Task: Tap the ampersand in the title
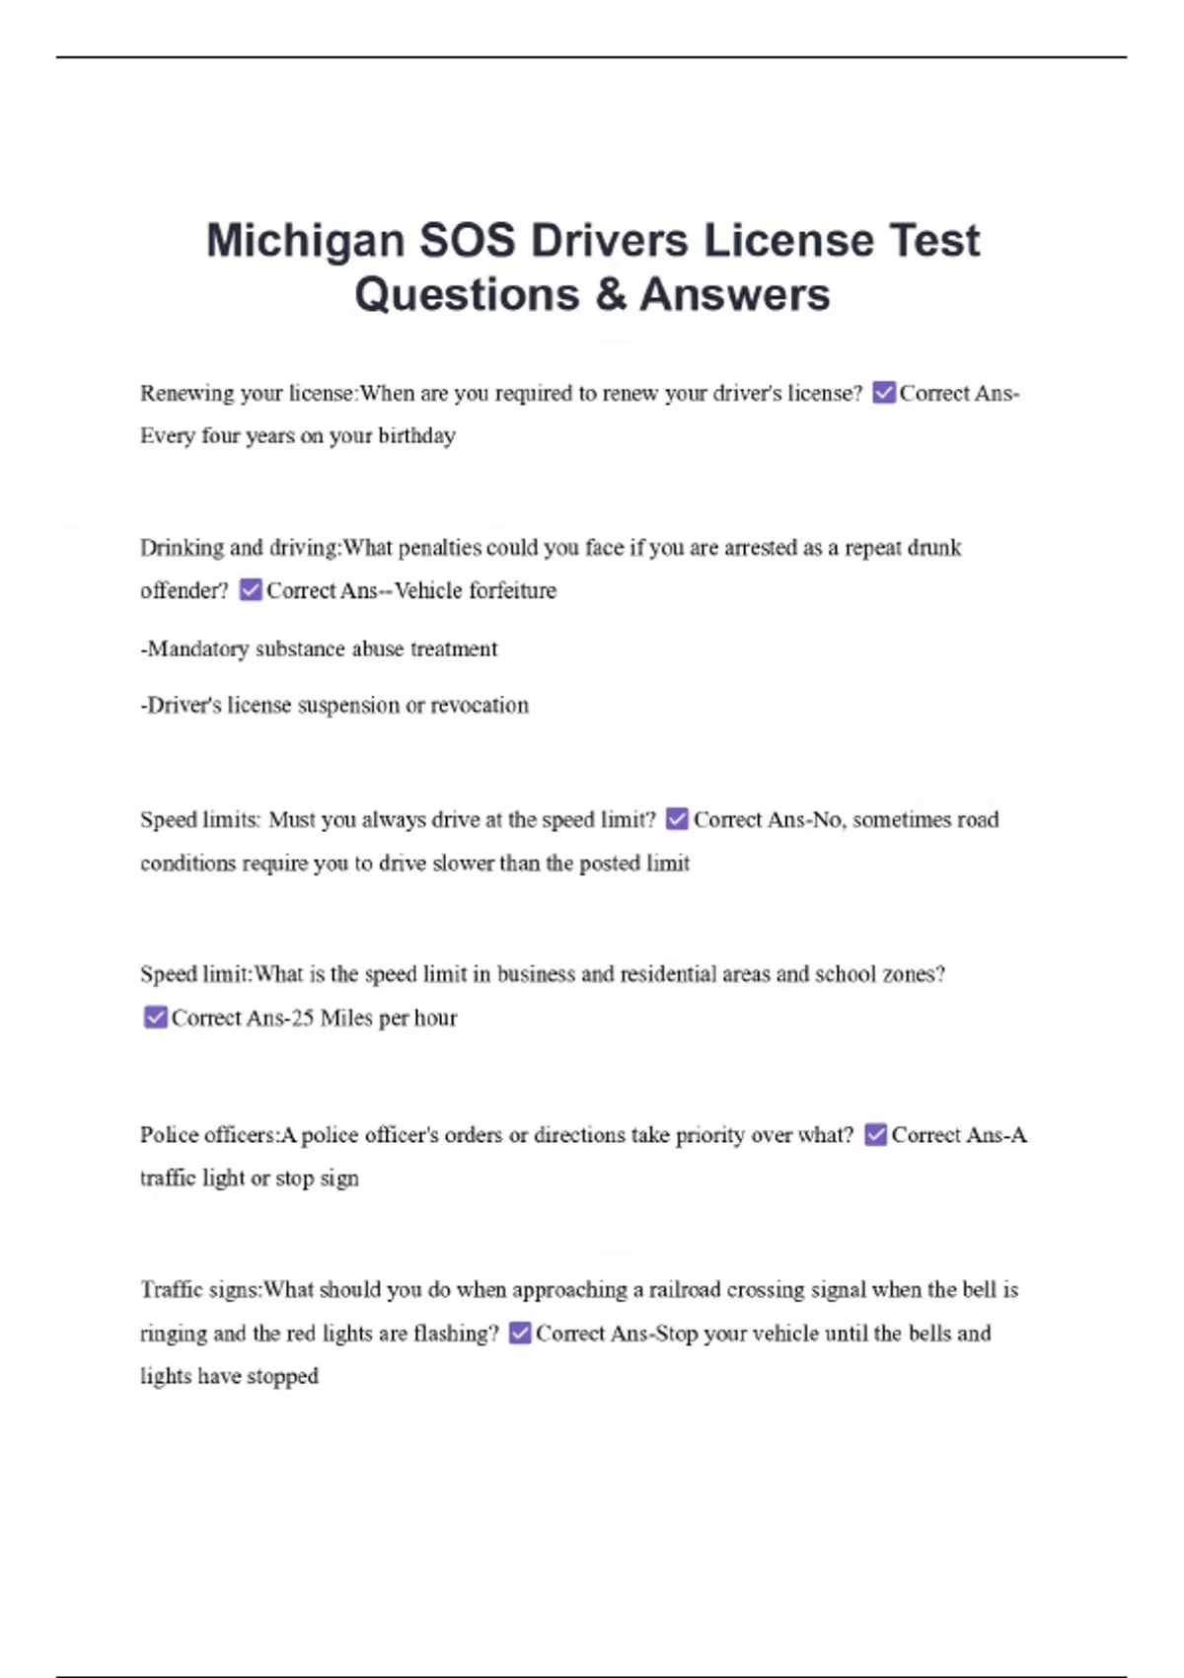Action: coord(611,295)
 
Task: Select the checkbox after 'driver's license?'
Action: coord(884,393)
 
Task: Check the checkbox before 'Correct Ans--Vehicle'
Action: coord(251,590)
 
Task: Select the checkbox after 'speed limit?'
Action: coord(677,819)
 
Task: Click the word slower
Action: coord(462,863)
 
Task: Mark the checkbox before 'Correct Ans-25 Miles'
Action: coord(155,1018)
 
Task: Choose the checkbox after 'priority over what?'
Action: coord(875,1135)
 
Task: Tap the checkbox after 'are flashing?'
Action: coord(519,1334)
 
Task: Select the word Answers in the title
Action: coord(734,295)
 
